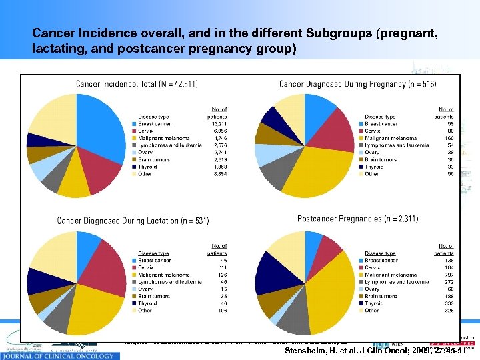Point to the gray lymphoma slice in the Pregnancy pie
(x=273, y=175)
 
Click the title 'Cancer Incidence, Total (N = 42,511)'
(x=137, y=84)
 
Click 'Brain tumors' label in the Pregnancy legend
(x=381, y=160)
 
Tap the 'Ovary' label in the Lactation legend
(x=147, y=289)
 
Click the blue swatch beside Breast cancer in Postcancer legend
(x=361, y=261)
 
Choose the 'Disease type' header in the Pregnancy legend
(x=381, y=117)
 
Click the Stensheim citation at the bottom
(x=375, y=351)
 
